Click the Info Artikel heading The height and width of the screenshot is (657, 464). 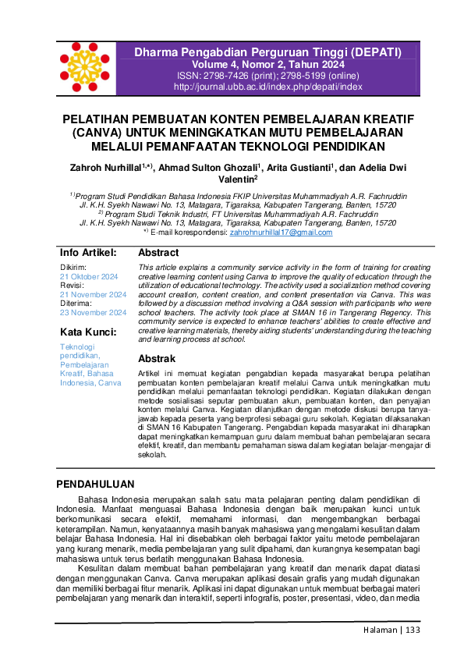point(88,253)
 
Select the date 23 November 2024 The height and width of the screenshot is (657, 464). point(93,312)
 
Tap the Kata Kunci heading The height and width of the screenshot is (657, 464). point(88,332)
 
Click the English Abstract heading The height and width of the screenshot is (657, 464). point(158,253)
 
